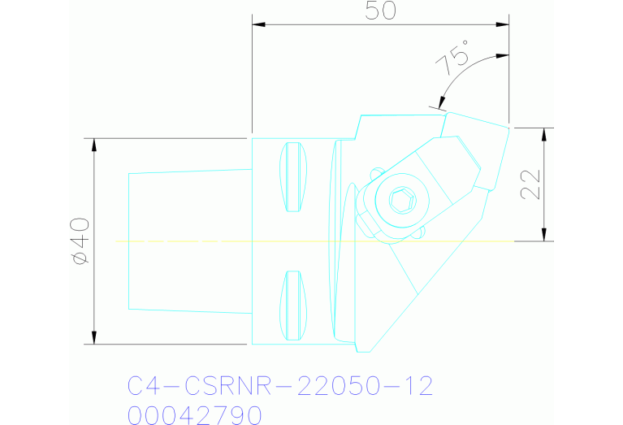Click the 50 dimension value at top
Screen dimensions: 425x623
pyautogui.click(x=381, y=11)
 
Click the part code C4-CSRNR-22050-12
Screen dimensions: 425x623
pyautogui.click(x=279, y=385)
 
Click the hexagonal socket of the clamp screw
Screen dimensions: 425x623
pyautogui.click(x=400, y=199)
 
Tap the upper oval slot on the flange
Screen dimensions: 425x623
pyautogui.click(x=294, y=179)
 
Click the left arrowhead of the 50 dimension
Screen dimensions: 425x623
pyautogui.click(x=259, y=24)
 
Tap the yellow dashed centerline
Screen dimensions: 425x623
pyautogui.click(x=244, y=241)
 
